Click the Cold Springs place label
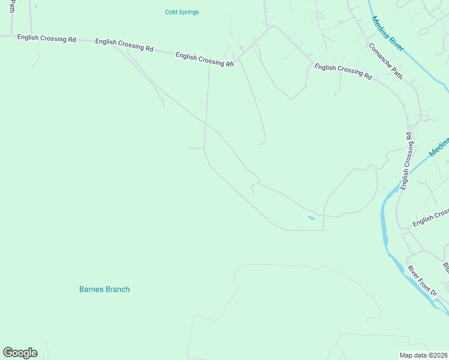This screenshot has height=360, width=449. (182, 12)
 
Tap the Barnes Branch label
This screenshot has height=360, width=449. (104, 289)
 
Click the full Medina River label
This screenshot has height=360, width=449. (388, 34)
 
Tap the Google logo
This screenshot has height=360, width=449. (20, 353)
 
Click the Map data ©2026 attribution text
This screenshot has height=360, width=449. (424, 355)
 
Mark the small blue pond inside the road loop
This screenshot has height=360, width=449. (311, 218)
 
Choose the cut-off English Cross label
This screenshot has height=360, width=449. (430, 218)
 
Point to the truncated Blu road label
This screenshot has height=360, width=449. (445, 267)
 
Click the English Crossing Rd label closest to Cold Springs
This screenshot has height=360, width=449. (204, 59)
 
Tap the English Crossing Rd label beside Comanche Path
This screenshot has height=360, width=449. (343, 72)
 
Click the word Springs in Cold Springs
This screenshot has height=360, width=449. (189, 12)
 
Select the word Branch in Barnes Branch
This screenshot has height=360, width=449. (117, 289)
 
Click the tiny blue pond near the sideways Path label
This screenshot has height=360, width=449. (35, 7)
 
